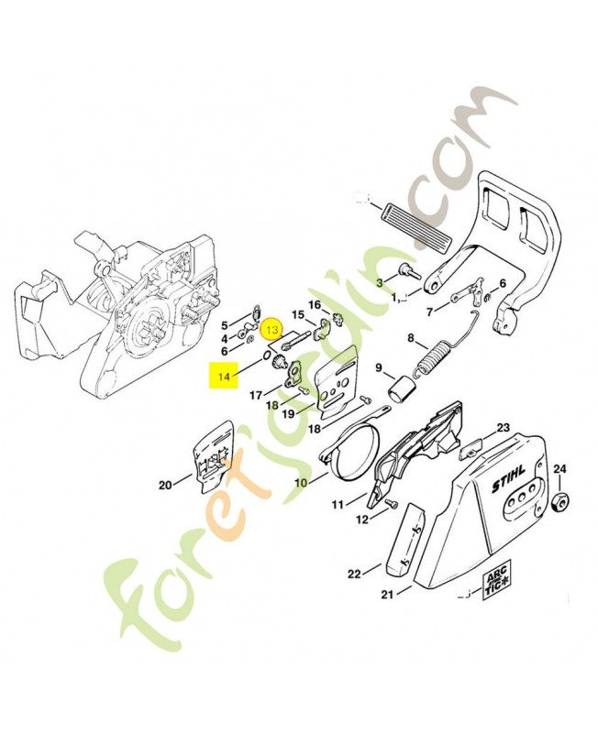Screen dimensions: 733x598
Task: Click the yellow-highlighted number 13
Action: pyautogui.click(x=271, y=325)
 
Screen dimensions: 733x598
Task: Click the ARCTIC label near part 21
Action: pyautogui.click(x=496, y=587)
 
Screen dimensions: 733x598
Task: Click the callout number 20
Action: pyautogui.click(x=164, y=486)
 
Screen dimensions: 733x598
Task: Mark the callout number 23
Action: pyautogui.click(x=503, y=428)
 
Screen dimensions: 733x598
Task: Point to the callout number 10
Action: pyautogui.click(x=300, y=482)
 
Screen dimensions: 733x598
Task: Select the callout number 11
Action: pyautogui.click(x=338, y=503)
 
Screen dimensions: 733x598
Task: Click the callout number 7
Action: pyautogui.click(x=429, y=312)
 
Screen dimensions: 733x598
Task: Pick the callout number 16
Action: pyautogui.click(x=314, y=305)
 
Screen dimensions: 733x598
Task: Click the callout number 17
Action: pyautogui.click(x=257, y=395)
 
